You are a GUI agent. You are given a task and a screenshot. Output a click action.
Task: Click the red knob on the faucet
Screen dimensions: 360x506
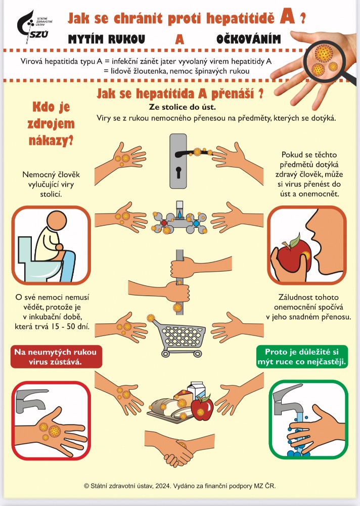pyautogui.click(x=164, y=223)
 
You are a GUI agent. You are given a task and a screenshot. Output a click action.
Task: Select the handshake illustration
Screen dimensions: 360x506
pyautogui.click(x=179, y=448)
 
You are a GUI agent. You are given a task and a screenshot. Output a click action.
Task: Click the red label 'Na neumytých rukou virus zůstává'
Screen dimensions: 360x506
pyautogui.click(x=56, y=357)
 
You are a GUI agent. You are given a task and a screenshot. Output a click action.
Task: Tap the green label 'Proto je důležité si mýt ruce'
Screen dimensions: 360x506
pyautogui.click(x=302, y=357)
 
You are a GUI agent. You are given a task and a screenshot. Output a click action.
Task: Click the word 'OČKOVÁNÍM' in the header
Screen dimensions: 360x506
pyautogui.click(x=249, y=39)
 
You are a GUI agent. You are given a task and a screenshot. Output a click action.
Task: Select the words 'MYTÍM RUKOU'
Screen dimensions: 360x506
pyautogui.click(x=107, y=39)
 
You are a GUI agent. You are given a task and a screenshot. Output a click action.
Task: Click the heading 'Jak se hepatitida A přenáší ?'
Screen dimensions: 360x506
pyautogui.click(x=180, y=94)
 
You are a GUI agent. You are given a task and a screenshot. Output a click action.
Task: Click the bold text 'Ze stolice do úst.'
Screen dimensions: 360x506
pyautogui.click(x=182, y=107)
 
